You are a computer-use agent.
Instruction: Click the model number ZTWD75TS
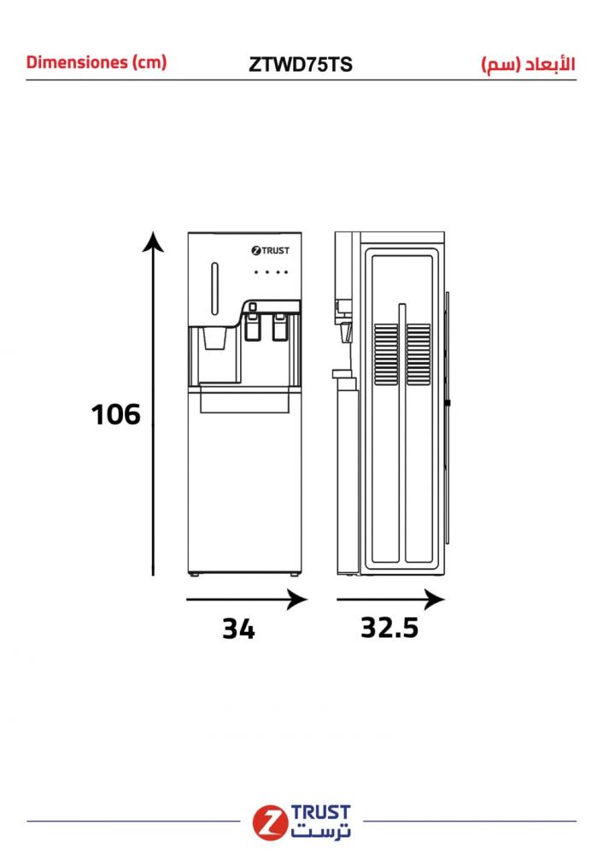tap(300, 64)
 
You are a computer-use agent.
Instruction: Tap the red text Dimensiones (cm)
tap(97, 62)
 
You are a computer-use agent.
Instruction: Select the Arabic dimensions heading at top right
tap(529, 64)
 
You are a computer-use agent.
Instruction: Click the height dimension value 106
tap(115, 414)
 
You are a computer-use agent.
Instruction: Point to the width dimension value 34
tap(238, 629)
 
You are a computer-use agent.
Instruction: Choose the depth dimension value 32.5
tap(389, 628)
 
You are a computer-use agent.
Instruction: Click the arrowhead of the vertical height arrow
tap(153, 242)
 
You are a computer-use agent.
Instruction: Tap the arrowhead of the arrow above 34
tap(297, 600)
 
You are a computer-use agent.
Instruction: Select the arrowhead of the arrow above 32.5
tap(435, 600)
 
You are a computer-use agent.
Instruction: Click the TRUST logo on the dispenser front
tap(270, 250)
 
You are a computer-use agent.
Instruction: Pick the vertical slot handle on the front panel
tap(214, 289)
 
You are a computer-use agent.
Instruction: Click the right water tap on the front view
tap(279, 326)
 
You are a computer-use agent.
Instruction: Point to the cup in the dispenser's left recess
tap(214, 338)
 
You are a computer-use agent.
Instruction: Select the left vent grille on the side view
tap(386, 354)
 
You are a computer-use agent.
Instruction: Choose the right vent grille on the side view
tap(419, 354)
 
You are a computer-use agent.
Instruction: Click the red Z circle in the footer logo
tap(270, 822)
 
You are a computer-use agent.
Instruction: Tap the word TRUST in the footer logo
tap(321, 813)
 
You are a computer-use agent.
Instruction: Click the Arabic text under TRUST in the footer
tap(321, 831)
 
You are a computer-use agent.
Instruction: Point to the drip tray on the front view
tap(244, 399)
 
